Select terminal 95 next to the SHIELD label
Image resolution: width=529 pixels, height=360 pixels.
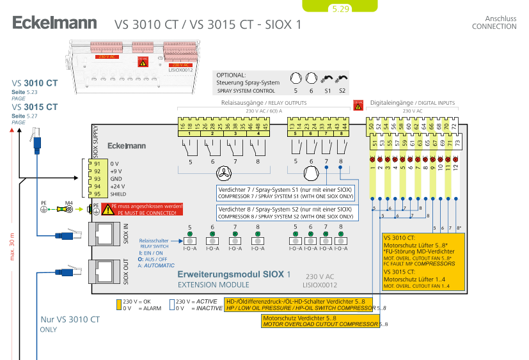pos(97,194)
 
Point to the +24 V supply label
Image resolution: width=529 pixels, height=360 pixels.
pos(116,187)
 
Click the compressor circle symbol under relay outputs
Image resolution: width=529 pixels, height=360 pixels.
pos(311,173)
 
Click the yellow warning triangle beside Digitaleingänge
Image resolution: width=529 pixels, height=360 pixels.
pos(358,104)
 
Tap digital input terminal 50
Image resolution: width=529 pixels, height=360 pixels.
pos(371,127)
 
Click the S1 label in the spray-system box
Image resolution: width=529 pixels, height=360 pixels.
pos(328,91)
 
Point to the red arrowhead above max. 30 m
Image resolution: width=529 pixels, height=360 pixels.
pos(13,130)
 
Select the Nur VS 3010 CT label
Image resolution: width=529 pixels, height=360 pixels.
pos(70,319)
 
